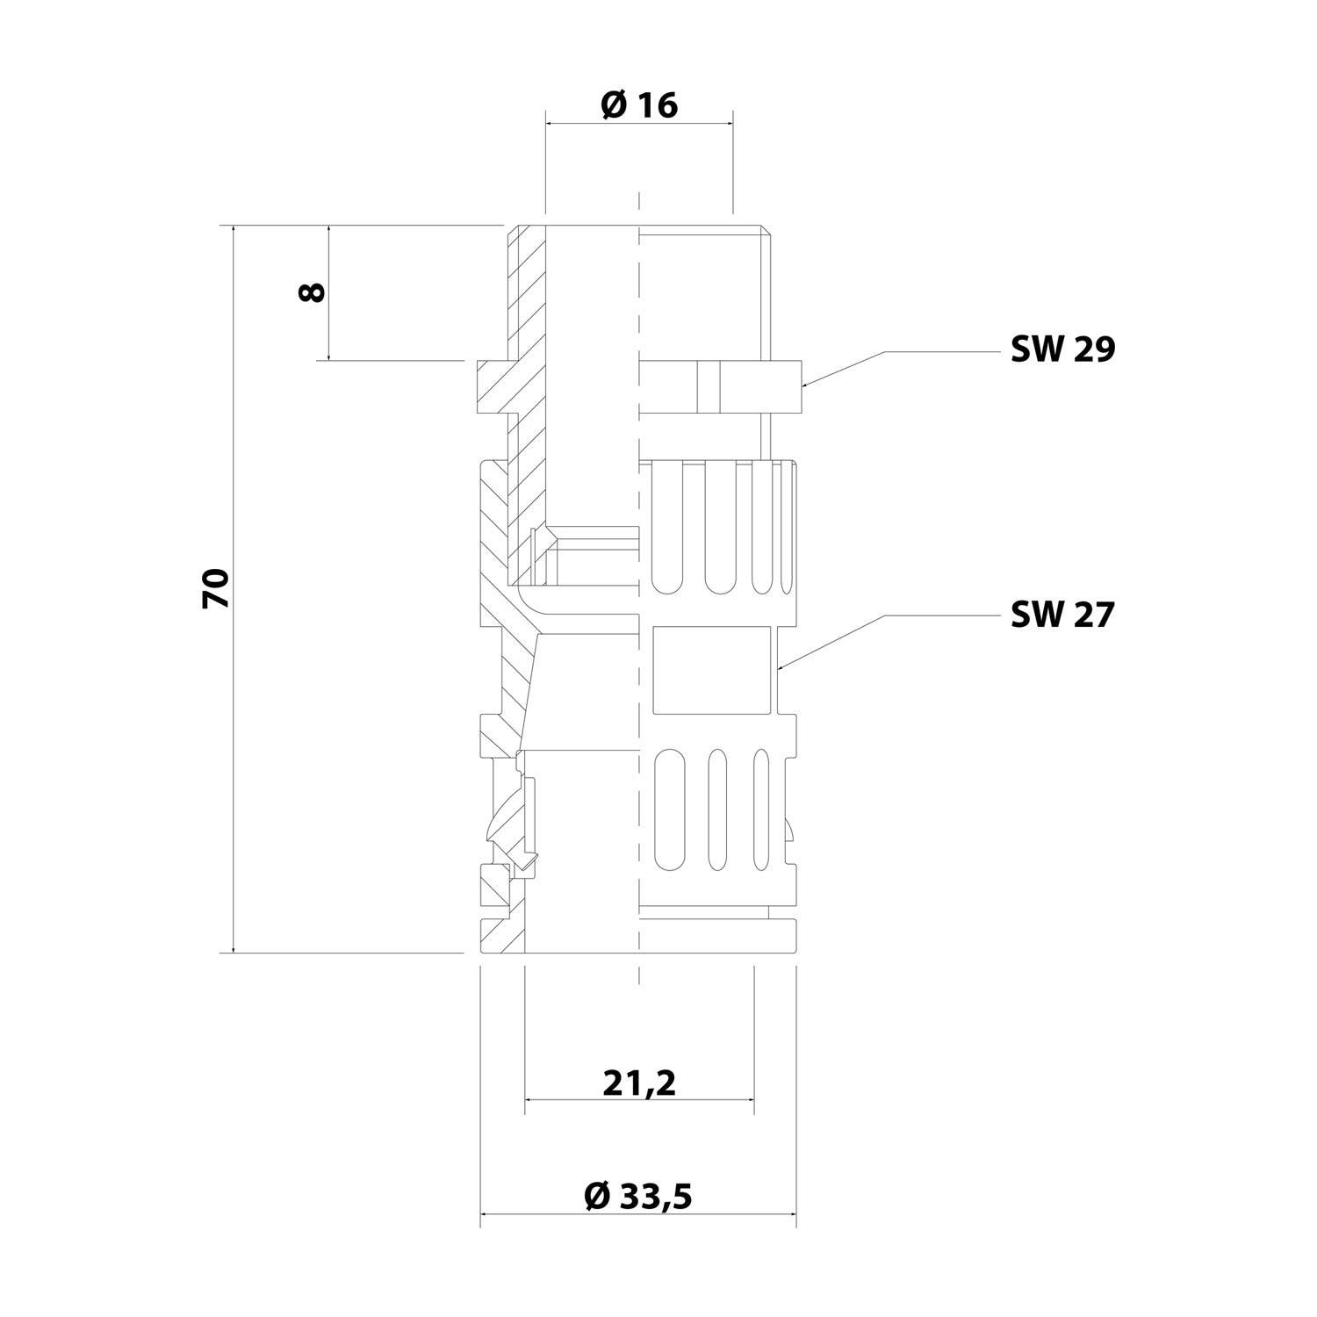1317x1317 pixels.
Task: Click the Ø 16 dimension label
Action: pos(639,105)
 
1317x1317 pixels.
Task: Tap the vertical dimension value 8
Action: pos(312,292)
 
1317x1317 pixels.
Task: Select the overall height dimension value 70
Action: pos(216,588)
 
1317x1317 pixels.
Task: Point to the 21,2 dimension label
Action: pos(639,1084)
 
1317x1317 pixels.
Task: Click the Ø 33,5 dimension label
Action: pos(638,1196)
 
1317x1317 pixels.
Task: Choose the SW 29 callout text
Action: pos(1062,350)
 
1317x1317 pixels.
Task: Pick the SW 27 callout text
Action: pos(1062,615)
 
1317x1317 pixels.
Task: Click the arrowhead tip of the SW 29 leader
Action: pos(802,385)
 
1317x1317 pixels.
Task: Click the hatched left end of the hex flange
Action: pos(492,386)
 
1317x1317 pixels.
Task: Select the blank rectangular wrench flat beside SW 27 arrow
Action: pos(712,669)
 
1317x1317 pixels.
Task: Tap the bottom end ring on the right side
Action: pos(716,936)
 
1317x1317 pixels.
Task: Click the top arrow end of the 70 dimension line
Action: pos(234,227)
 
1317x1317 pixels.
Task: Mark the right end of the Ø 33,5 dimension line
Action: pos(795,1216)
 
